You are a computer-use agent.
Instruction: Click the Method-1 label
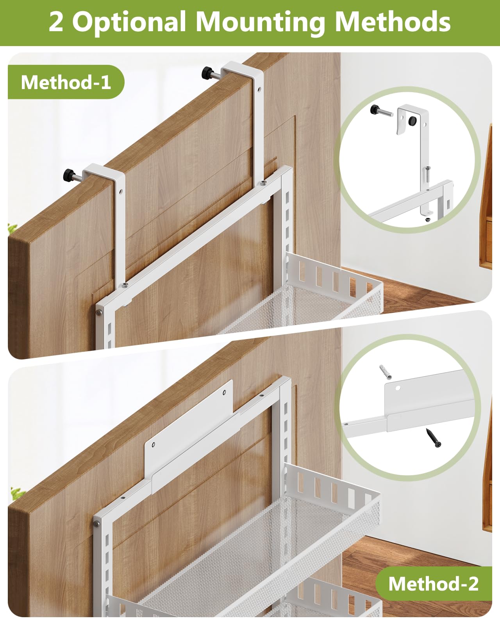[x=66, y=82]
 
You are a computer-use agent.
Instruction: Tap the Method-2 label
[x=433, y=584]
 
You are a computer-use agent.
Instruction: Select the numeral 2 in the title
[x=56, y=22]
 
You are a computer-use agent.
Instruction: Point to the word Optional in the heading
[x=129, y=23]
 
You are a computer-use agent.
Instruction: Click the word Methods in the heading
[x=393, y=22]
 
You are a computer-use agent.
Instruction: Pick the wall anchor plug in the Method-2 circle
[x=385, y=372]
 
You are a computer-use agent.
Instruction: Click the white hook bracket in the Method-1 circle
[x=412, y=121]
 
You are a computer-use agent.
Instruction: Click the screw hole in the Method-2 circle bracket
[x=398, y=389]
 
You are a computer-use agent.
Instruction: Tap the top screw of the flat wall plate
[x=224, y=391]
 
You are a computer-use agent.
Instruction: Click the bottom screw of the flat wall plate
[x=154, y=444]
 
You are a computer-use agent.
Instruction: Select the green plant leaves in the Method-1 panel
[x=13, y=229]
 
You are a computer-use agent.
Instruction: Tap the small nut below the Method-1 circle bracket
[x=428, y=220]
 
